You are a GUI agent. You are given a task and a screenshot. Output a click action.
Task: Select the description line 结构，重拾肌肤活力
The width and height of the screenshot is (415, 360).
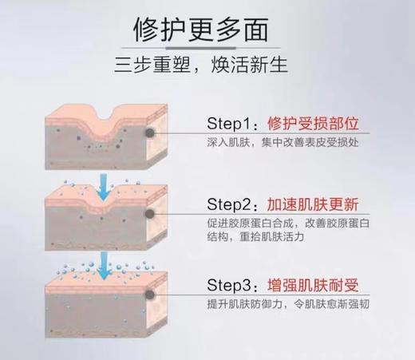260,237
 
